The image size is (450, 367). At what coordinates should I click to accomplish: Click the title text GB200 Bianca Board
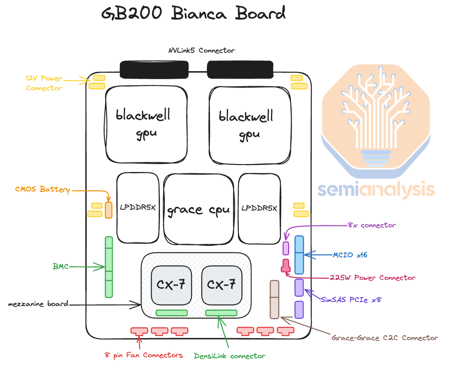[193, 14]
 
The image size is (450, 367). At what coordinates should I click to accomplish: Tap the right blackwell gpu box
[250, 123]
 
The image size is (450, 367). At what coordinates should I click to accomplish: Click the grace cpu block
[199, 209]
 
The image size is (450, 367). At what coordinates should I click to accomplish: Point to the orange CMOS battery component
[109, 210]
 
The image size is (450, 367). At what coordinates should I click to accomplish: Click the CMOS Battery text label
[42, 190]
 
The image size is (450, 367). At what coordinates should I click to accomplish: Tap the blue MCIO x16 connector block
[299, 255]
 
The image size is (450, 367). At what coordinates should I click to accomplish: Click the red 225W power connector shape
[286, 266]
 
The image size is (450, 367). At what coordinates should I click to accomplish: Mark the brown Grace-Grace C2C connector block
[275, 299]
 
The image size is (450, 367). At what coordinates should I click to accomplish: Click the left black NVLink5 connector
[154, 69]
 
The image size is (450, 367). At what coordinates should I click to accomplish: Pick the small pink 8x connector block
[286, 248]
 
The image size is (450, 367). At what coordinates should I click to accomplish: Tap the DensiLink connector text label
[229, 356]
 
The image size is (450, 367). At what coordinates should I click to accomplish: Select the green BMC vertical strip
[109, 267]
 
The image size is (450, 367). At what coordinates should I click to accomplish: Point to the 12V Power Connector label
[44, 83]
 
